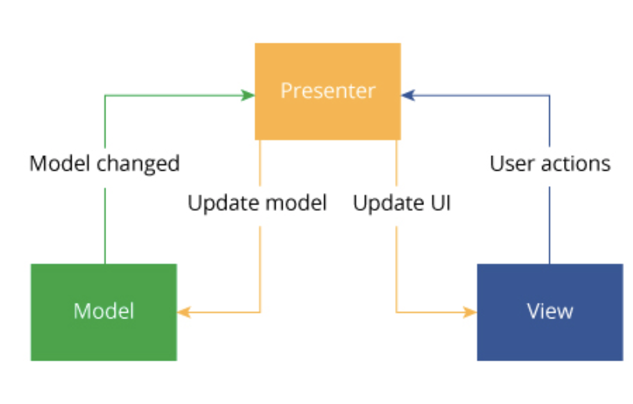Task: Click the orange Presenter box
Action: [x=328, y=91]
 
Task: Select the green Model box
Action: [x=104, y=313]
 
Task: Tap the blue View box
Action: [x=550, y=313]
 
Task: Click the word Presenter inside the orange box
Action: [x=328, y=91]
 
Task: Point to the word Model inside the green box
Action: [x=104, y=311]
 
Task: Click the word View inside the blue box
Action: [x=550, y=311]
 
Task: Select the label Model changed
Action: [x=105, y=164]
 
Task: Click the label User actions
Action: [x=550, y=164]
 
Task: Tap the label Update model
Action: [x=257, y=203]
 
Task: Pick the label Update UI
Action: [x=402, y=203]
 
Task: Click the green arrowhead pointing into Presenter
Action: [x=248, y=96]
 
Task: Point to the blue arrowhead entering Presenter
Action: [x=408, y=96]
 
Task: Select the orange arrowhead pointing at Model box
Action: [x=184, y=313]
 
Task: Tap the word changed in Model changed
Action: [x=139, y=164]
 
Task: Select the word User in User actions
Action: [x=512, y=164]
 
